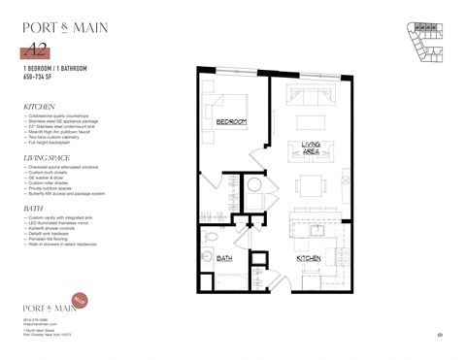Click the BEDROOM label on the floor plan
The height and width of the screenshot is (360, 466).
pos(230,121)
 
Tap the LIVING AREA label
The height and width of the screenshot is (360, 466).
pos(312,147)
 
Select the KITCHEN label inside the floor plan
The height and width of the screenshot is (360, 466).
pos(309,259)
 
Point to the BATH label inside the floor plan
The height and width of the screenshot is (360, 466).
pos(224,259)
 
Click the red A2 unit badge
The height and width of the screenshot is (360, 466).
pos(39,50)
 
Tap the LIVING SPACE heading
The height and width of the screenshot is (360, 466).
pos(50,156)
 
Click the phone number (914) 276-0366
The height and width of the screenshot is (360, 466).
pos(36,318)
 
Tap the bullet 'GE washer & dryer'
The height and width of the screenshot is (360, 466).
pos(50,178)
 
